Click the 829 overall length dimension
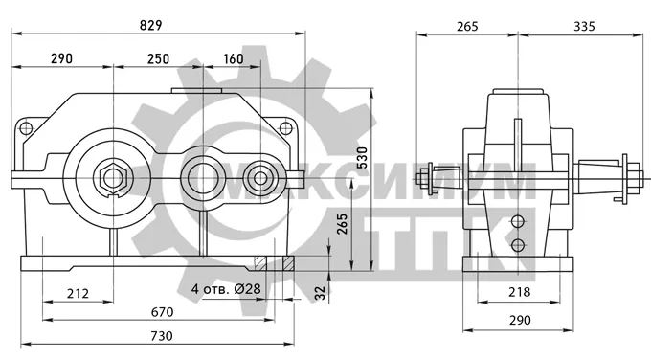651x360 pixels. point(150,25)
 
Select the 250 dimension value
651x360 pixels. point(158,58)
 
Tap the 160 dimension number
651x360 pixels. point(234,58)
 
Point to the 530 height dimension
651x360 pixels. point(362,157)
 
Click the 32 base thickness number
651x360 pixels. point(320,293)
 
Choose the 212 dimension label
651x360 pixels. point(78,294)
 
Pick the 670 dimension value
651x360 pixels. point(162,312)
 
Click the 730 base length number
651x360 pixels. point(161,335)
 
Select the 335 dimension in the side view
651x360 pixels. point(584,26)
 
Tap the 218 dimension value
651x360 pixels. point(520,292)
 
